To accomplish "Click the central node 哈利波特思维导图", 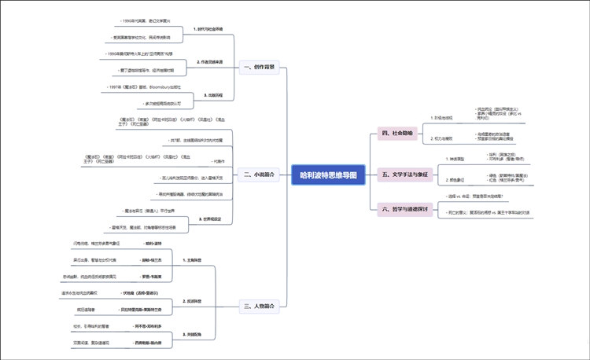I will click(329, 174).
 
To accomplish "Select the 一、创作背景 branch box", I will click(259, 68).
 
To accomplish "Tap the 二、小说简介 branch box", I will click(259, 174).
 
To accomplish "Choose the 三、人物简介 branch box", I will click(259, 306).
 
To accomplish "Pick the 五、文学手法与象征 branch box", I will click(404, 174).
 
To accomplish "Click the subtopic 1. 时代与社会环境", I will click(208, 29).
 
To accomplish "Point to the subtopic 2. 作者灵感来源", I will click(208, 61).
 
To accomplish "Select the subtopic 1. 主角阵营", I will click(194, 259).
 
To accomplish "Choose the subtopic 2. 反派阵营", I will click(194, 301).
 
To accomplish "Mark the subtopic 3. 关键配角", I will click(194, 335).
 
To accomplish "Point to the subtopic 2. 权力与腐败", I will click(444, 138).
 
